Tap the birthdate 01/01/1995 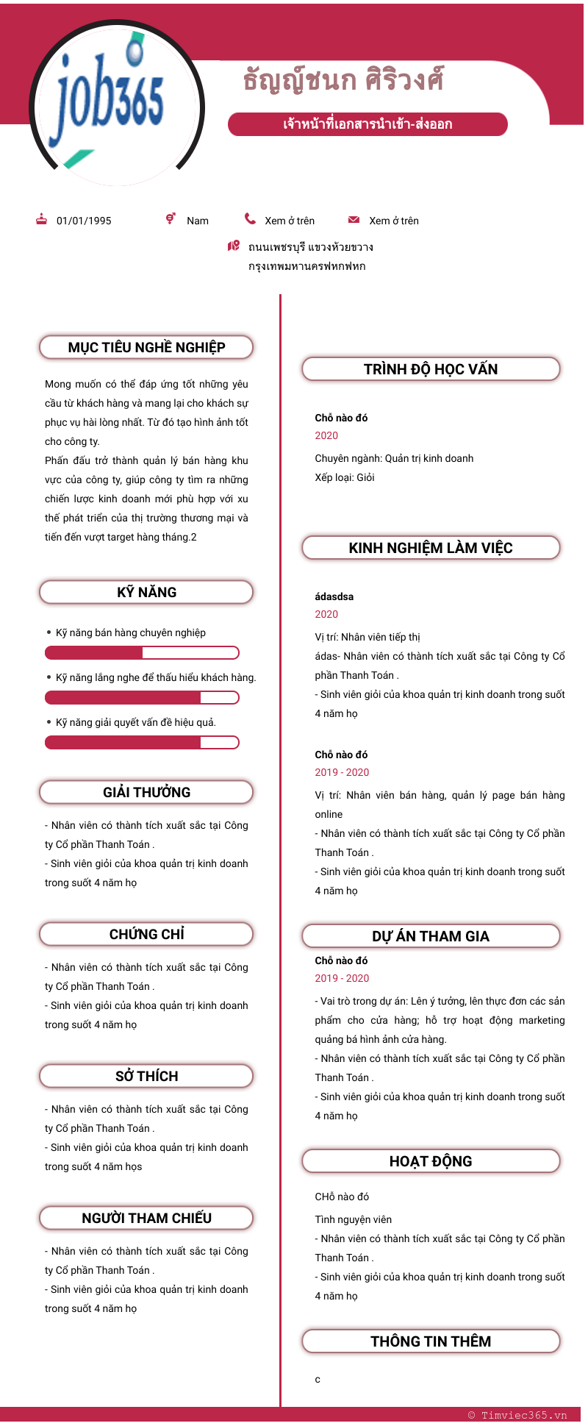(84, 221)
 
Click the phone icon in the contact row (250, 219)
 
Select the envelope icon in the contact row (354, 220)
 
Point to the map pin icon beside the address (234, 246)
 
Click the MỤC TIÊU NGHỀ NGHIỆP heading (146, 347)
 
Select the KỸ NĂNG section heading (146, 592)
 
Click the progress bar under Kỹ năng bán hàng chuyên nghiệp (142, 652)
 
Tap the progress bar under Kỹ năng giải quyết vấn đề (142, 742)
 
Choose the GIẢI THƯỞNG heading (146, 792)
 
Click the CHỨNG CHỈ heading (146, 934)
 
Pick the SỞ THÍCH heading (146, 1076)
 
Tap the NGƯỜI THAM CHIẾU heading (146, 1218)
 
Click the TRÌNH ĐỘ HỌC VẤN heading (431, 369)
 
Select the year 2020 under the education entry (326, 435)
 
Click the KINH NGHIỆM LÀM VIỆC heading (431, 548)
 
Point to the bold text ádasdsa (334, 596)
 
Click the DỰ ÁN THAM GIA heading (431, 936)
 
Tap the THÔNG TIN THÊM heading (431, 1341)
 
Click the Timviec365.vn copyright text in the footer (517, 1415)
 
